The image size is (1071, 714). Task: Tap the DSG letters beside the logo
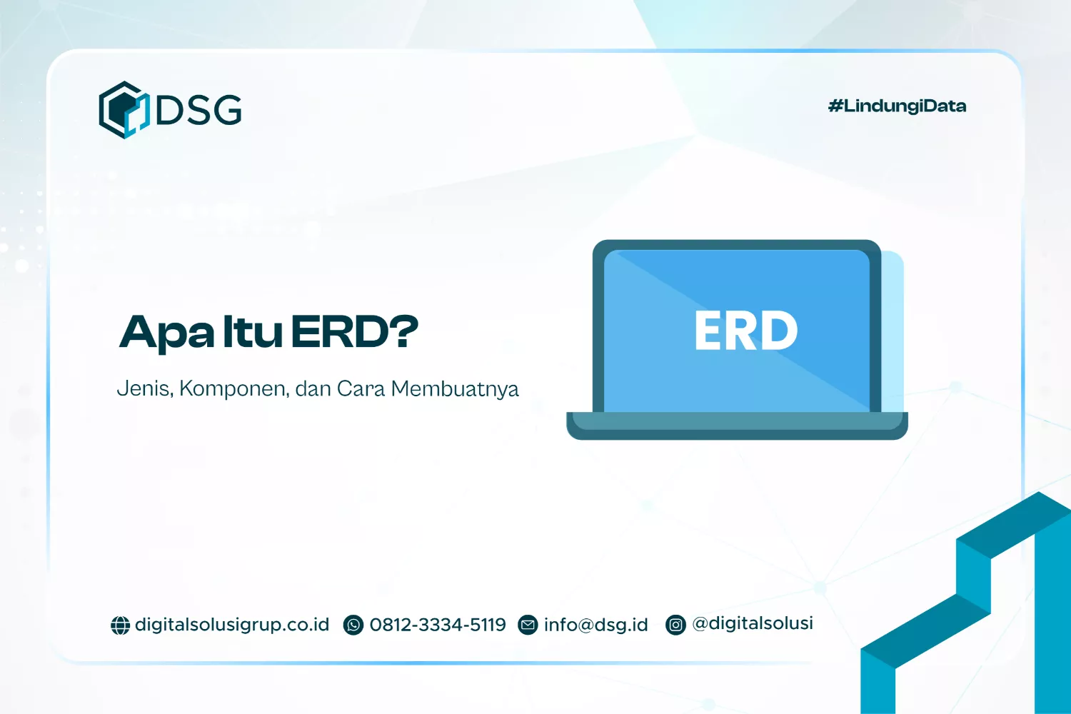point(199,110)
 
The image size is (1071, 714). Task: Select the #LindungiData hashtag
point(897,106)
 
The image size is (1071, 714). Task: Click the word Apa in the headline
point(166,333)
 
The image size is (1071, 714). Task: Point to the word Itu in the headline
point(253,331)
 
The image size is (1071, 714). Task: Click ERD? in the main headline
point(354,331)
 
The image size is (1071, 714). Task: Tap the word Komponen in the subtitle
point(233,389)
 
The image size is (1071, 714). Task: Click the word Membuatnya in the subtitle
point(455,389)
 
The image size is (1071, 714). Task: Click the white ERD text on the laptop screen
point(746,330)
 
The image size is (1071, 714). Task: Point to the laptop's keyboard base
point(738,426)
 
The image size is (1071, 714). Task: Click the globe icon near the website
point(120,625)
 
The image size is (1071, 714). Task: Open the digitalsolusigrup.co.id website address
point(232,625)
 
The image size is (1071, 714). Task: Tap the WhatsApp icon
point(353,625)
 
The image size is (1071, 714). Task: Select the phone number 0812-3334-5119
point(438,625)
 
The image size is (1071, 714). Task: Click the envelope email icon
point(528,625)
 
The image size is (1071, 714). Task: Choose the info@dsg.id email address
point(595,625)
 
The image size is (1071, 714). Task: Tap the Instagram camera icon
point(675,625)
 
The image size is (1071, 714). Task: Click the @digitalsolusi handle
point(753,623)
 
